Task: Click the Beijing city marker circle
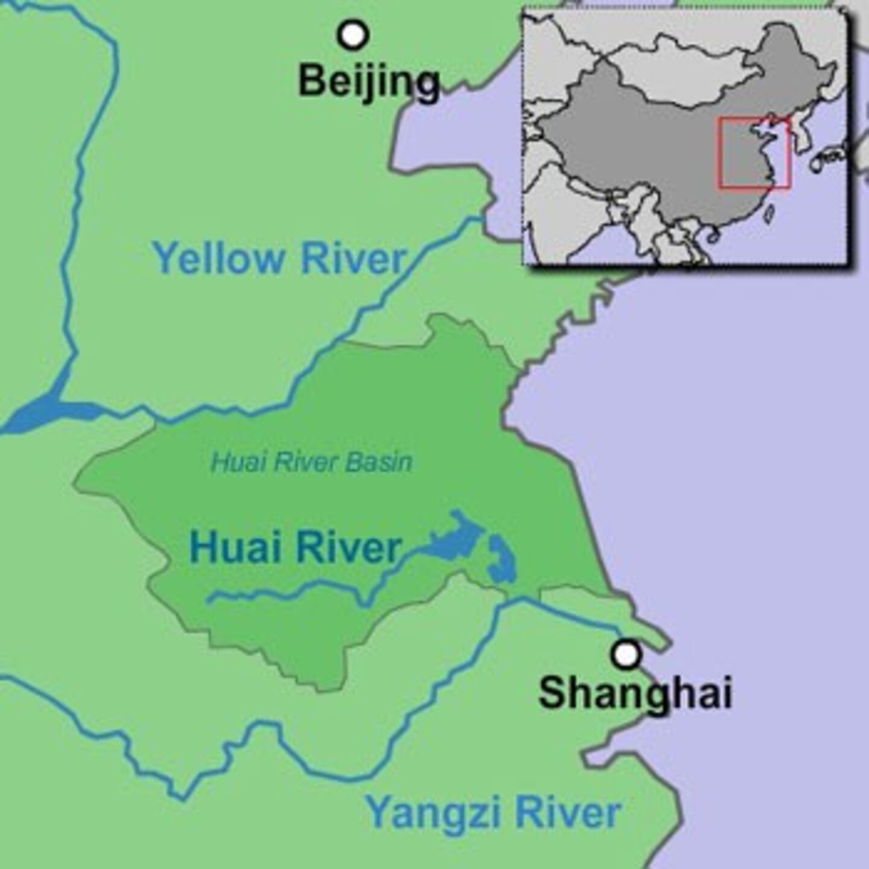[353, 35]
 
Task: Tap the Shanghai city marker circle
[626, 654]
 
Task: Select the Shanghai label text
[635, 692]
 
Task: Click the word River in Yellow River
[353, 258]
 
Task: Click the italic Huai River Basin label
[311, 462]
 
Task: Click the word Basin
[380, 462]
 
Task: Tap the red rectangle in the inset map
[754, 153]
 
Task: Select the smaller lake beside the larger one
[501, 561]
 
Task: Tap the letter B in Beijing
[313, 81]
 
